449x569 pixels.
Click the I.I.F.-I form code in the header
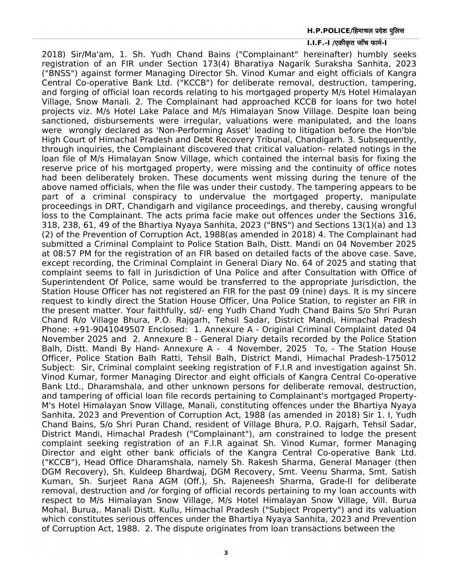[x=318, y=43]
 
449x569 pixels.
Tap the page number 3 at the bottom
[x=226, y=553]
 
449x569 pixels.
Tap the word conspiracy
[x=150, y=197]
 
